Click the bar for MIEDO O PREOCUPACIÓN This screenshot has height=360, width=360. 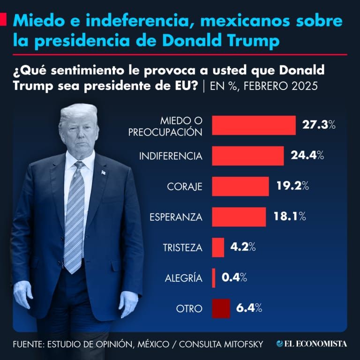[x=254, y=125]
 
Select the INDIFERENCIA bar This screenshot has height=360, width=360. [x=248, y=156]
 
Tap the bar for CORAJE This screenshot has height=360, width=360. [x=240, y=186]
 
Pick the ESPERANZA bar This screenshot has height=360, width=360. [x=239, y=217]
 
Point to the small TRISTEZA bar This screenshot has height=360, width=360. [x=218, y=247]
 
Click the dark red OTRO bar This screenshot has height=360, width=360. [x=221, y=308]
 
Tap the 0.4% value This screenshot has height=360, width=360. [x=234, y=277]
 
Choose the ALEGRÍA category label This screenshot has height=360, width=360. [x=183, y=278]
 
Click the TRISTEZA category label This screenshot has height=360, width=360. [x=182, y=247]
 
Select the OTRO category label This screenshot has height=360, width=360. [x=189, y=309]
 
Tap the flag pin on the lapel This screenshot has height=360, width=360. [x=103, y=172]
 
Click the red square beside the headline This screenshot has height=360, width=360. [x=3, y=20]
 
